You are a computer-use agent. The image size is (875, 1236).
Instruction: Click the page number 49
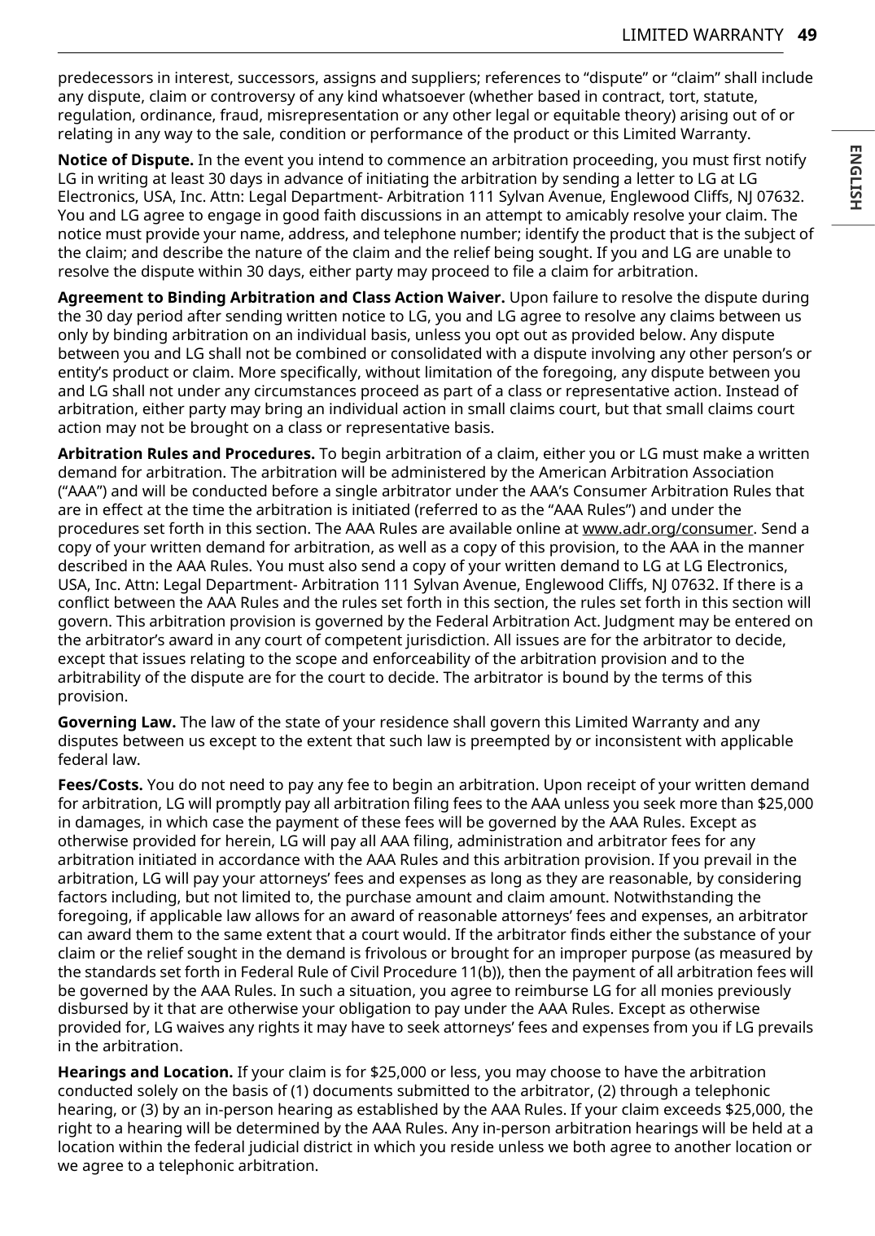(807, 35)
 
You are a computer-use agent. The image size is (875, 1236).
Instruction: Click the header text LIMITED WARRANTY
(702, 35)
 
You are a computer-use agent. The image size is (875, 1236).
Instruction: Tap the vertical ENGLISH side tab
(855, 177)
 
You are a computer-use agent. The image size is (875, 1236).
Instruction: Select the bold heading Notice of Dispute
(125, 159)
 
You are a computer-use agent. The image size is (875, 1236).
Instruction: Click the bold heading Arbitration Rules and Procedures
(186, 453)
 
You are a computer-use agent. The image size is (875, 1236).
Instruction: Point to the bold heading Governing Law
(116, 722)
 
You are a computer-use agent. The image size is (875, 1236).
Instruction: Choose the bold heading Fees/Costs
(100, 784)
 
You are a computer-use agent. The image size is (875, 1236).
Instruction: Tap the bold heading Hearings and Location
(145, 1072)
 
